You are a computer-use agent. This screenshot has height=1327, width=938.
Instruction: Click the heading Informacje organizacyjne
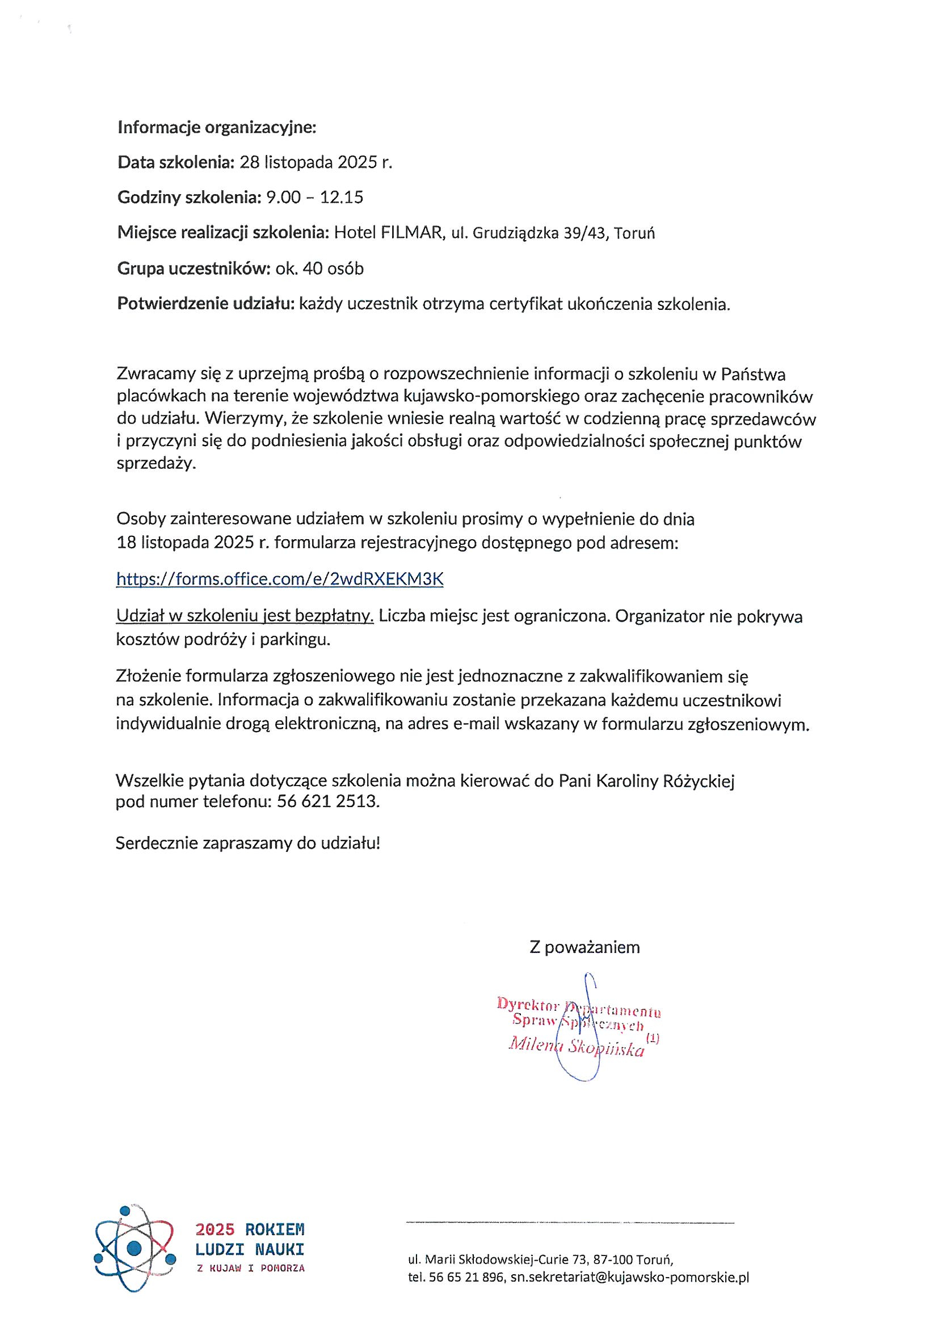(x=217, y=127)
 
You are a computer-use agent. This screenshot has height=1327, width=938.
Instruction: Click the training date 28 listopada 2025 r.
(x=316, y=162)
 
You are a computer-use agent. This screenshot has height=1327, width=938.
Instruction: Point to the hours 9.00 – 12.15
(x=314, y=198)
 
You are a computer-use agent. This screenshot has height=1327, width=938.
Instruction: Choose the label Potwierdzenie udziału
(x=206, y=304)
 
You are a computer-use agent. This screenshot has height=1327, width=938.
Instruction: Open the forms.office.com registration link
(x=280, y=579)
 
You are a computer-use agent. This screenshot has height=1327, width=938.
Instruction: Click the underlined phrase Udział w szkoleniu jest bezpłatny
(x=245, y=616)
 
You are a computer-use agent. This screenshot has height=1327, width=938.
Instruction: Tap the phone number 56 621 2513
(x=328, y=802)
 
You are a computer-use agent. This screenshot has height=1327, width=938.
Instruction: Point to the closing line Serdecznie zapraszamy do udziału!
(x=248, y=843)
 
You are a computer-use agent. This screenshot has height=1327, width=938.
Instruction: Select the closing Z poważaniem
(x=584, y=947)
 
